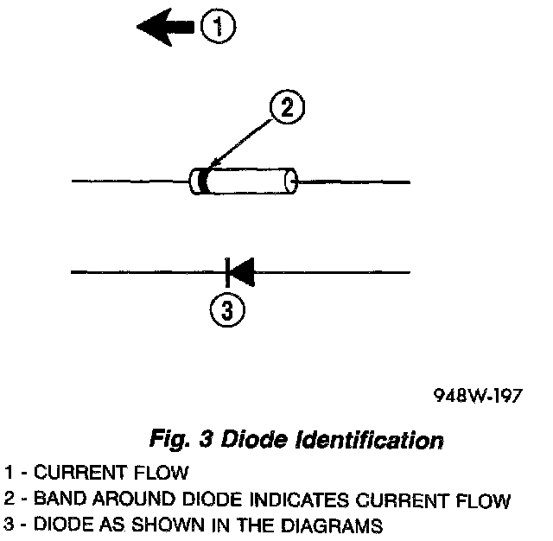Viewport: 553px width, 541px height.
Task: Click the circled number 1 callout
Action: click(219, 27)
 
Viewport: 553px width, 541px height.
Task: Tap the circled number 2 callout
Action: click(286, 109)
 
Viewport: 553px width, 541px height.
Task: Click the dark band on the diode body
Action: click(203, 182)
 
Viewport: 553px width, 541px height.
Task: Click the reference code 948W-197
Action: click(477, 397)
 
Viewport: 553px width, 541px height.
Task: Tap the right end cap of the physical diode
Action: click(292, 182)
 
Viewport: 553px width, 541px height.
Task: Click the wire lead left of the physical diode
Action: click(130, 182)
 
